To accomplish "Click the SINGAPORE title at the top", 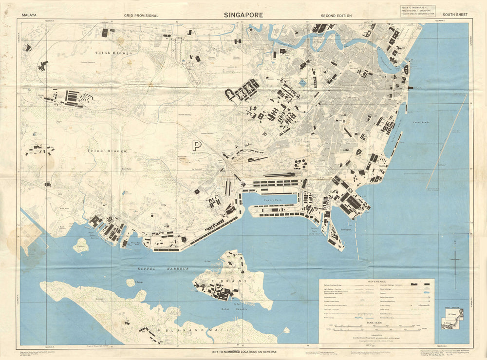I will [x=243, y=15].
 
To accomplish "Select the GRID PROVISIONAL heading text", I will [x=141, y=16].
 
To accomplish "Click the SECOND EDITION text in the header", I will [x=336, y=16].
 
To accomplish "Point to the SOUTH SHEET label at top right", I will [x=455, y=15].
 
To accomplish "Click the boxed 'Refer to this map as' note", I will [x=418, y=11].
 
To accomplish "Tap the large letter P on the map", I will [x=197, y=145].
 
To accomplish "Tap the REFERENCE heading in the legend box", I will [x=376, y=282].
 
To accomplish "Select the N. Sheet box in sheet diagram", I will [x=453, y=314].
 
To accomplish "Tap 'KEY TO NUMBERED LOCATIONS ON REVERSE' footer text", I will [x=243, y=351].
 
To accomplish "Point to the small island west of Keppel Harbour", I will [x=80, y=245].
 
